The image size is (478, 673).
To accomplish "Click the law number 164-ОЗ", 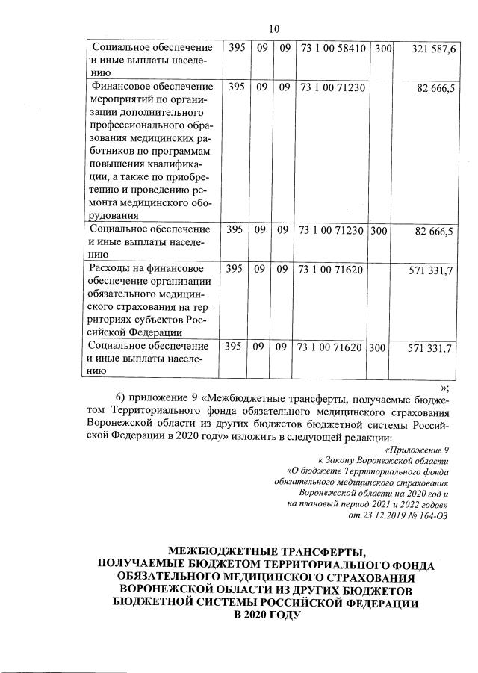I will point(432,515).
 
